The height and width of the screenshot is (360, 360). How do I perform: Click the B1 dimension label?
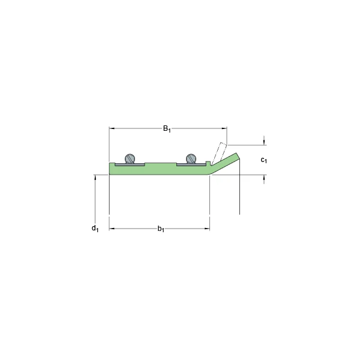(x=167, y=129)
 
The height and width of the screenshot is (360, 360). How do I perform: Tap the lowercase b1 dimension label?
(x=161, y=229)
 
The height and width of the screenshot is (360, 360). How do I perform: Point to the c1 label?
(x=264, y=160)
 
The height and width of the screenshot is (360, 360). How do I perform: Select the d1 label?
(x=95, y=229)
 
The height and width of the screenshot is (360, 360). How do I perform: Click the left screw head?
(x=130, y=158)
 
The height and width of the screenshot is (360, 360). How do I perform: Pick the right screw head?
(x=191, y=158)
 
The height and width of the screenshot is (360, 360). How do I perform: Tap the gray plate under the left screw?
(x=130, y=164)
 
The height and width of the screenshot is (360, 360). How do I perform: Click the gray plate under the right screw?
(x=191, y=164)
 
